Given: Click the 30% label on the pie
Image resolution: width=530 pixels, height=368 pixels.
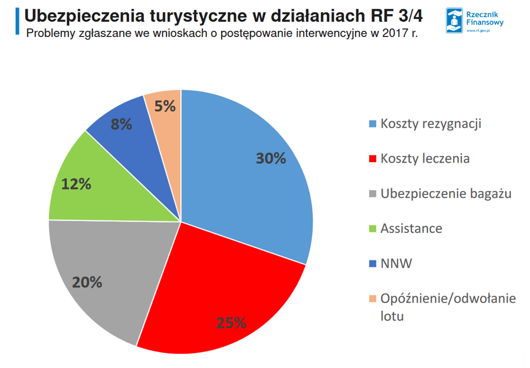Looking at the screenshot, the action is coord(271,158).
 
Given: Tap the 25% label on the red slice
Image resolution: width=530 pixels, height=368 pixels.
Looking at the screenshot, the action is coord(231,323).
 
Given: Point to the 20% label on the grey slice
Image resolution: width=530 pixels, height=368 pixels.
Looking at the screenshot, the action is coord(87,282).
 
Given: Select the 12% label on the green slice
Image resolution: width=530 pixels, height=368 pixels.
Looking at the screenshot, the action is coord(76,184).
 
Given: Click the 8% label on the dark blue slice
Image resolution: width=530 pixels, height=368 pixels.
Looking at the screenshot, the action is coord(121,124).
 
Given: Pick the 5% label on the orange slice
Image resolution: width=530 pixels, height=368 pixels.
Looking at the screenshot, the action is coord(165,106).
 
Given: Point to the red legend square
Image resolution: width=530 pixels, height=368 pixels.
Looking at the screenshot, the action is coord(372,159).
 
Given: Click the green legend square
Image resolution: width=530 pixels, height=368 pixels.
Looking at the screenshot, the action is coord(372,229).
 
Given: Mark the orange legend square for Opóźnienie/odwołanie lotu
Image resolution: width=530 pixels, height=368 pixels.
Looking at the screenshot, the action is coord(372,298).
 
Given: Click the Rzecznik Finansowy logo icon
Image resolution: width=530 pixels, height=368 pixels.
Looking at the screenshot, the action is coord(454,21).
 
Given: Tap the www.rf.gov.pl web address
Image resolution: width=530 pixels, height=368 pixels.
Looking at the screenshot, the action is coord(478,31).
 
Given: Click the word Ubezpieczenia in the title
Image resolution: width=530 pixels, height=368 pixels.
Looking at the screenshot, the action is coord(85,16).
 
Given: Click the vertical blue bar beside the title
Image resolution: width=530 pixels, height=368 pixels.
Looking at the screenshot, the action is coord(17,21).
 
